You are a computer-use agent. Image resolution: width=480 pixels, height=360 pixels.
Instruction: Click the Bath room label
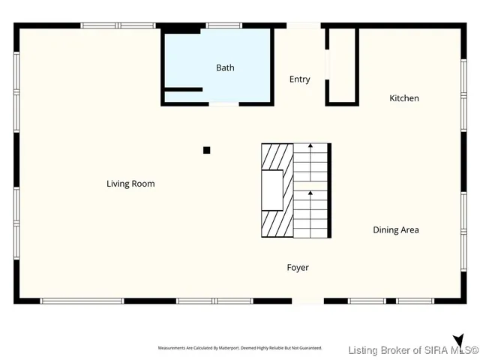225,67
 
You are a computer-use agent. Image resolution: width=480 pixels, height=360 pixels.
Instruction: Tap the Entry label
300,79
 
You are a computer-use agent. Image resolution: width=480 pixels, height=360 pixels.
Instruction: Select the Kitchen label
404,98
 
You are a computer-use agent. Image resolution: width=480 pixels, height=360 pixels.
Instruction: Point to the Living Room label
130,184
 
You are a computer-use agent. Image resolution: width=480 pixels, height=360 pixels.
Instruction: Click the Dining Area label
396,230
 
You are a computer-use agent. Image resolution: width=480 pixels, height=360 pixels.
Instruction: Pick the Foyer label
298,268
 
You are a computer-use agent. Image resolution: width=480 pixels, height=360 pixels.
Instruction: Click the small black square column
207,150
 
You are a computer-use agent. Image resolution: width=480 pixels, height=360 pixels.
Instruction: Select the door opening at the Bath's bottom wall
223,104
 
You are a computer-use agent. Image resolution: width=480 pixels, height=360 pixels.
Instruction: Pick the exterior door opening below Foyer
307,301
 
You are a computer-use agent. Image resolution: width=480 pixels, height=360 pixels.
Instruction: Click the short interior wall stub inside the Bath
183,89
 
